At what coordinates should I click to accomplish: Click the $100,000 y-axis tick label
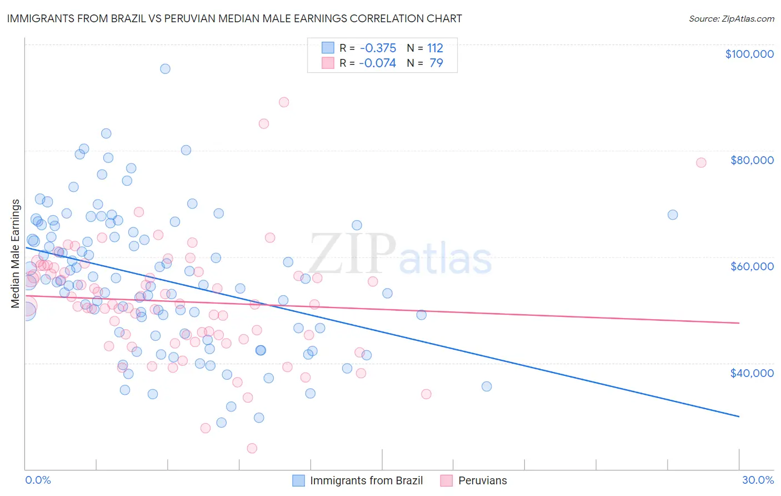tap(749, 54)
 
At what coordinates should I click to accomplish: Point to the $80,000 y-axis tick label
tap(752, 160)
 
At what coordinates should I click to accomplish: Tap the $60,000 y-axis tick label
tap(752, 266)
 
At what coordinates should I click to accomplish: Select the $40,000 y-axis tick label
tap(752, 373)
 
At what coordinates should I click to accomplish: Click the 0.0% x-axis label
tap(38, 480)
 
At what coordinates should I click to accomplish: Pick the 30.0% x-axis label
tap(758, 480)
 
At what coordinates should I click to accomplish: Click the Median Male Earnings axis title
tap(16, 254)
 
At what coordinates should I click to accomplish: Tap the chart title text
tap(234, 18)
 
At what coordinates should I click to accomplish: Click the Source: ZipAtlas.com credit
tap(731, 19)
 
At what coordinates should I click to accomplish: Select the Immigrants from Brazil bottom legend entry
tap(366, 480)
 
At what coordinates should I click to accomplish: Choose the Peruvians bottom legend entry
tap(482, 480)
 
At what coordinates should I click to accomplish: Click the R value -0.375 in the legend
tap(377, 48)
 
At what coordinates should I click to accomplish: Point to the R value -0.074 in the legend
tap(377, 63)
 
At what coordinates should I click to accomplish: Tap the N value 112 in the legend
tap(435, 48)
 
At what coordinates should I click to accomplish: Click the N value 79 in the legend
tap(436, 63)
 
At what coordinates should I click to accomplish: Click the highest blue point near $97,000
tap(165, 69)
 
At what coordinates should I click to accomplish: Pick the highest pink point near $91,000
tap(284, 102)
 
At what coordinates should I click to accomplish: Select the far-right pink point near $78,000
tap(701, 162)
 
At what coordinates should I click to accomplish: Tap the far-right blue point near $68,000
tap(673, 215)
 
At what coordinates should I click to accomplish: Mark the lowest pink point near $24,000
tap(252, 448)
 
